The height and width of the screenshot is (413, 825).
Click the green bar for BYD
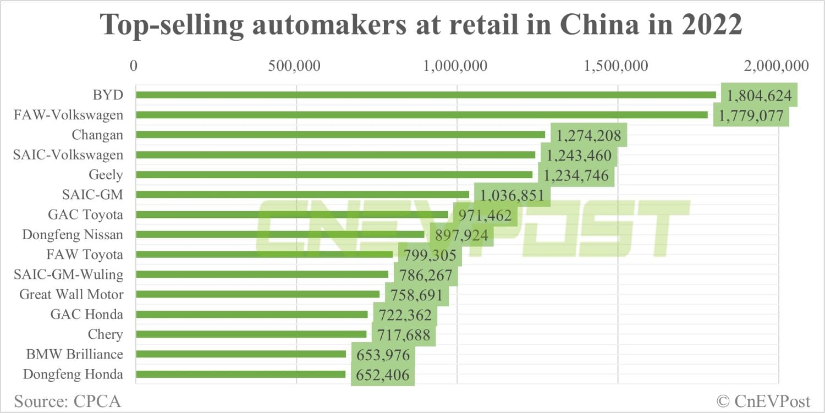point(426,95)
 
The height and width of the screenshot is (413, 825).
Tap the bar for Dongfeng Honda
point(240,375)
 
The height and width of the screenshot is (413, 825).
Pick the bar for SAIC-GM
point(302,194)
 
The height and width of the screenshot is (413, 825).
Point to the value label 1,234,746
point(576,175)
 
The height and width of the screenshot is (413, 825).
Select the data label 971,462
point(485,215)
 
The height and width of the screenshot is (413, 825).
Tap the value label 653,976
point(383,355)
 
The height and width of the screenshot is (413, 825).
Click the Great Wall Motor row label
point(71,295)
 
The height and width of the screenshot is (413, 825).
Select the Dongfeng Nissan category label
point(73,235)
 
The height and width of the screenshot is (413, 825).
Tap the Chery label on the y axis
point(106,334)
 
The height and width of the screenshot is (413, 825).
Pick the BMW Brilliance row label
point(75,354)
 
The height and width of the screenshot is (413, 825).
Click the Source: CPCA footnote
point(67,400)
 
